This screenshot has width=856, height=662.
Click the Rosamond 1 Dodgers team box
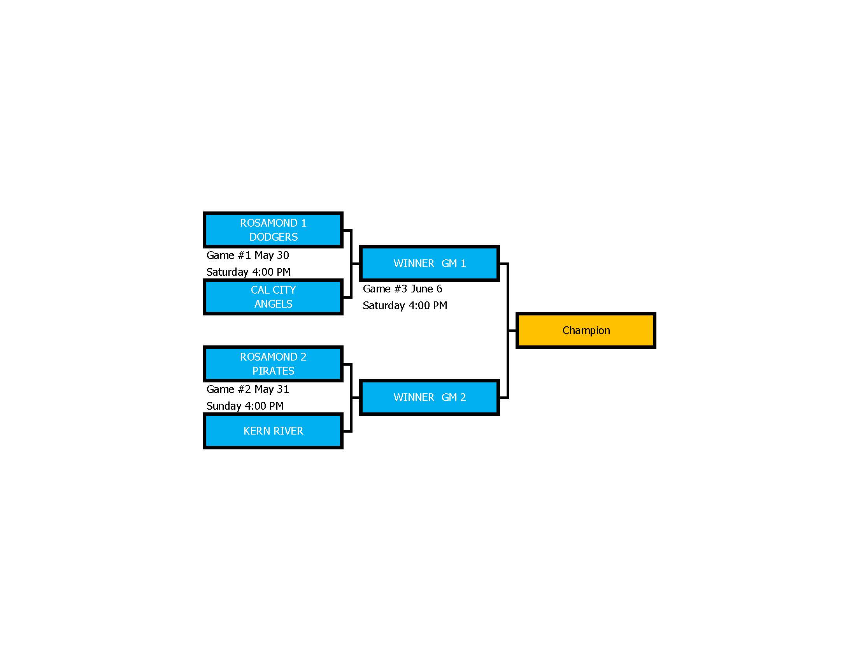273,230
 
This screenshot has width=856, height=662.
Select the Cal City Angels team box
273,297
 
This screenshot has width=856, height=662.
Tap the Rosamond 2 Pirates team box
273,364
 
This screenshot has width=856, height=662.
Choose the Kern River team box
273,431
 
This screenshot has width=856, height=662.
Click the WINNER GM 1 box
429,264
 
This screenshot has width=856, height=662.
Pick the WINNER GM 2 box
429,398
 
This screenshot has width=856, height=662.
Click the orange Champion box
586,331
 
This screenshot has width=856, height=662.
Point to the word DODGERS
274,237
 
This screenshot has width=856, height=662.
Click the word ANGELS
274,304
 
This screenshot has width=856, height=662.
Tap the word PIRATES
274,371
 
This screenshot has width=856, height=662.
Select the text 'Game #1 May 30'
248,256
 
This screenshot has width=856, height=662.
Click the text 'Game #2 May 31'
248,389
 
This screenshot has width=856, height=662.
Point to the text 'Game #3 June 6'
403,289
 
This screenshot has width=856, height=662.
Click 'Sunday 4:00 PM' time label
245,406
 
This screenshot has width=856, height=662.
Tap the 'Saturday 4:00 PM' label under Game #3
405,306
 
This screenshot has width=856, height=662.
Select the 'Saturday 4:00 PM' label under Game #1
249,272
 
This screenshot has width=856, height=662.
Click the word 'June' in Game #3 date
422,289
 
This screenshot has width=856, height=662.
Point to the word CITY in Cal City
284,290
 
